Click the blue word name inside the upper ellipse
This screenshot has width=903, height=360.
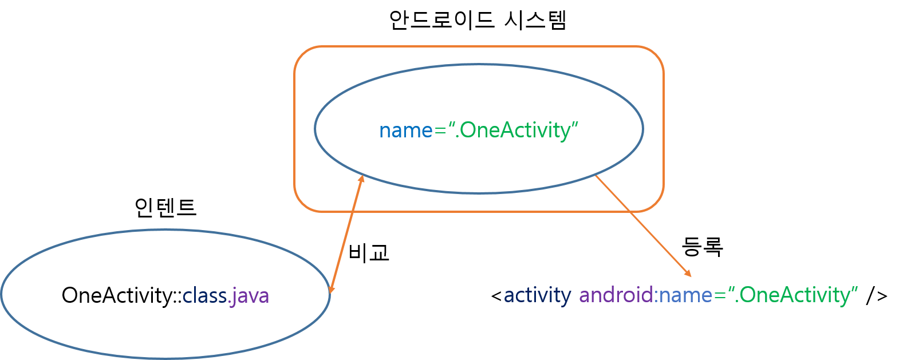[405, 130]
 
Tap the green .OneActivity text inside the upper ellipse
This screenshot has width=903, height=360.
[515, 130]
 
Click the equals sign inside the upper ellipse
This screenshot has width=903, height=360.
[440, 131]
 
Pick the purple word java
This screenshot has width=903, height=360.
[251, 296]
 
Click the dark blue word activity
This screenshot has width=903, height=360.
[537, 295]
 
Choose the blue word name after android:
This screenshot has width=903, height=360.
[685, 295]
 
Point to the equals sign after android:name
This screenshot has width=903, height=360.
[720, 296]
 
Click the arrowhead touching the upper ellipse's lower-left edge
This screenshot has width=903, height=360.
[361, 179]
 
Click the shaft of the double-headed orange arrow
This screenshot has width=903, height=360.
[346, 235]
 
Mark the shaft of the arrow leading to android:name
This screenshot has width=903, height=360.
[641, 225]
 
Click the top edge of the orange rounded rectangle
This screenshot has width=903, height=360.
[479, 46]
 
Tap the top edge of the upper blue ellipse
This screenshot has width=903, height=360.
[479, 65]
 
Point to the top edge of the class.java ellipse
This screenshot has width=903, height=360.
[166, 230]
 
